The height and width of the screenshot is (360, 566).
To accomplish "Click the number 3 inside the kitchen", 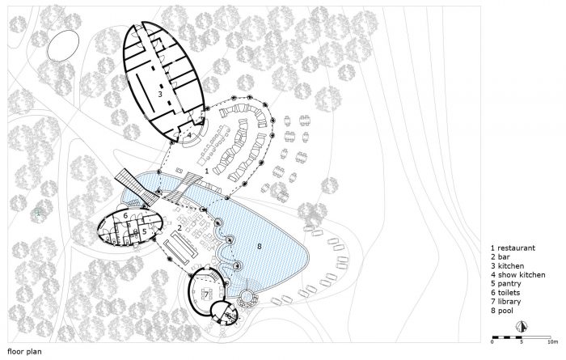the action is (160, 94).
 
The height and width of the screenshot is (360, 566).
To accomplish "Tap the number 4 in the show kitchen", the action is (189, 135).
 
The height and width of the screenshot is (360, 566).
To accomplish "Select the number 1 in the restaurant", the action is (207, 171).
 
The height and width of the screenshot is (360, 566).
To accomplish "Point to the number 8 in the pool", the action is (260, 246).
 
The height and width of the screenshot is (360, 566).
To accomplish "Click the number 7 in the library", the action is (206, 294).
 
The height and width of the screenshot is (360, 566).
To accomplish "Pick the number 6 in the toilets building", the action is (125, 215).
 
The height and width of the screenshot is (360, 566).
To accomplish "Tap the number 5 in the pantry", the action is (144, 231).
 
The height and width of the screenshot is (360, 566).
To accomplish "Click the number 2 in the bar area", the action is (179, 227).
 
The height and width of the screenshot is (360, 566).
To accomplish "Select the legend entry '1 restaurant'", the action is (513, 248).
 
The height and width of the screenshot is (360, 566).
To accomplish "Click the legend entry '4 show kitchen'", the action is (517, 275).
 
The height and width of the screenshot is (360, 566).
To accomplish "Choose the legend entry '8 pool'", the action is (502, 311).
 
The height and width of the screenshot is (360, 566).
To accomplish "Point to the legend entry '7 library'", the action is (505, 302).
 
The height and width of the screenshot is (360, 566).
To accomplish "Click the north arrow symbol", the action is (521, 326).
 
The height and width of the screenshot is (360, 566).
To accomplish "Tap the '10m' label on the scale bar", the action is (553, 341).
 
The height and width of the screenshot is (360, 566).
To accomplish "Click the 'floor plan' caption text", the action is (24, 352).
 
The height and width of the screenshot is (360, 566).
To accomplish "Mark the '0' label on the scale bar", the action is (492, 341).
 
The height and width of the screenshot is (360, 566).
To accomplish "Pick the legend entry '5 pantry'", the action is (505, 284).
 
